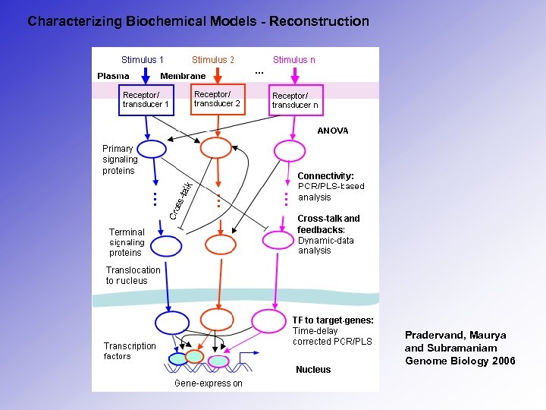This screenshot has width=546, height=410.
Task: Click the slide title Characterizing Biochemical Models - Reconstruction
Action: coord(198,21)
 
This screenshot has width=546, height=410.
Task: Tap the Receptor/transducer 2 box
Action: coord(218,99)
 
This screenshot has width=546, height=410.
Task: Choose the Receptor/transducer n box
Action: coord(296,100)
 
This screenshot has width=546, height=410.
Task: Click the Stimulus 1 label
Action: coord(143,60)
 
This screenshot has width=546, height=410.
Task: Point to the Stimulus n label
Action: coord(294,60)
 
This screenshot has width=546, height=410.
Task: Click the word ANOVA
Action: coord(333,131)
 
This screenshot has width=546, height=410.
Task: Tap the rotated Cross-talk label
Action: coord(180,200)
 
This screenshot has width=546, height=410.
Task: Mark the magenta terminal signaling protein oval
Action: coord(277,241)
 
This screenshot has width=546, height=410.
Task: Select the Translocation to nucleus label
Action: coord(133,275)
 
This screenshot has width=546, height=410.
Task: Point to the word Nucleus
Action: coord(313,370)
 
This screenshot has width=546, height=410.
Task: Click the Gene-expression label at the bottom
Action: coord(209,383)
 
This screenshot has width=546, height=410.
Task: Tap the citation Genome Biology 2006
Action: coord(460,361)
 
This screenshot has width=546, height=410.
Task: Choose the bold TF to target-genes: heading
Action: coord(333,320)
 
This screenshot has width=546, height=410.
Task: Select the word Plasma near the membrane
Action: coord(113,76)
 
